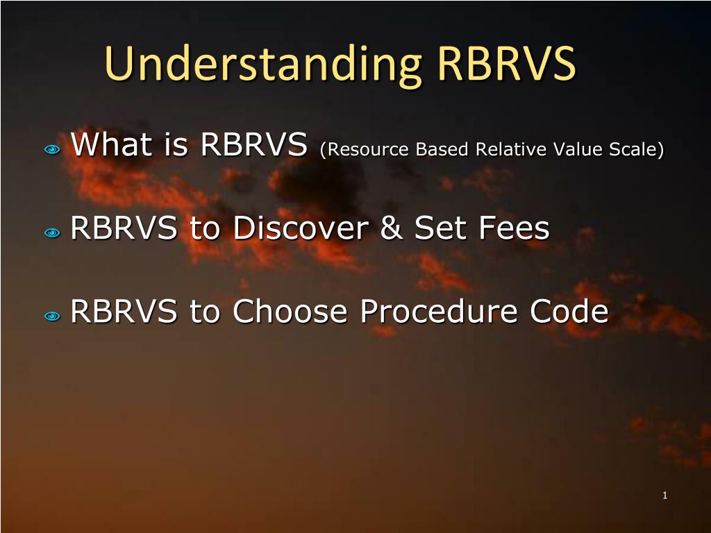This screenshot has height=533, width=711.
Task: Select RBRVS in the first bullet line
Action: (254, 144)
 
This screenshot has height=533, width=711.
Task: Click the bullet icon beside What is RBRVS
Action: (52, 149)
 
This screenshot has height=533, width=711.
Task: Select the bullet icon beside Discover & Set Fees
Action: (52, 233)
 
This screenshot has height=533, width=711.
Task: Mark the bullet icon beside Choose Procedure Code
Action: (52, 316)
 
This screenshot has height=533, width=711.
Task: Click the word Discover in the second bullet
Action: (301, 228)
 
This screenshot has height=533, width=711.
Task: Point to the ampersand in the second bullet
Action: (392, 228)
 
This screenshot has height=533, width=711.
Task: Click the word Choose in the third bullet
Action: (290, 311)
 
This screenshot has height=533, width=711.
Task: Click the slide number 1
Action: (664, 496)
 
